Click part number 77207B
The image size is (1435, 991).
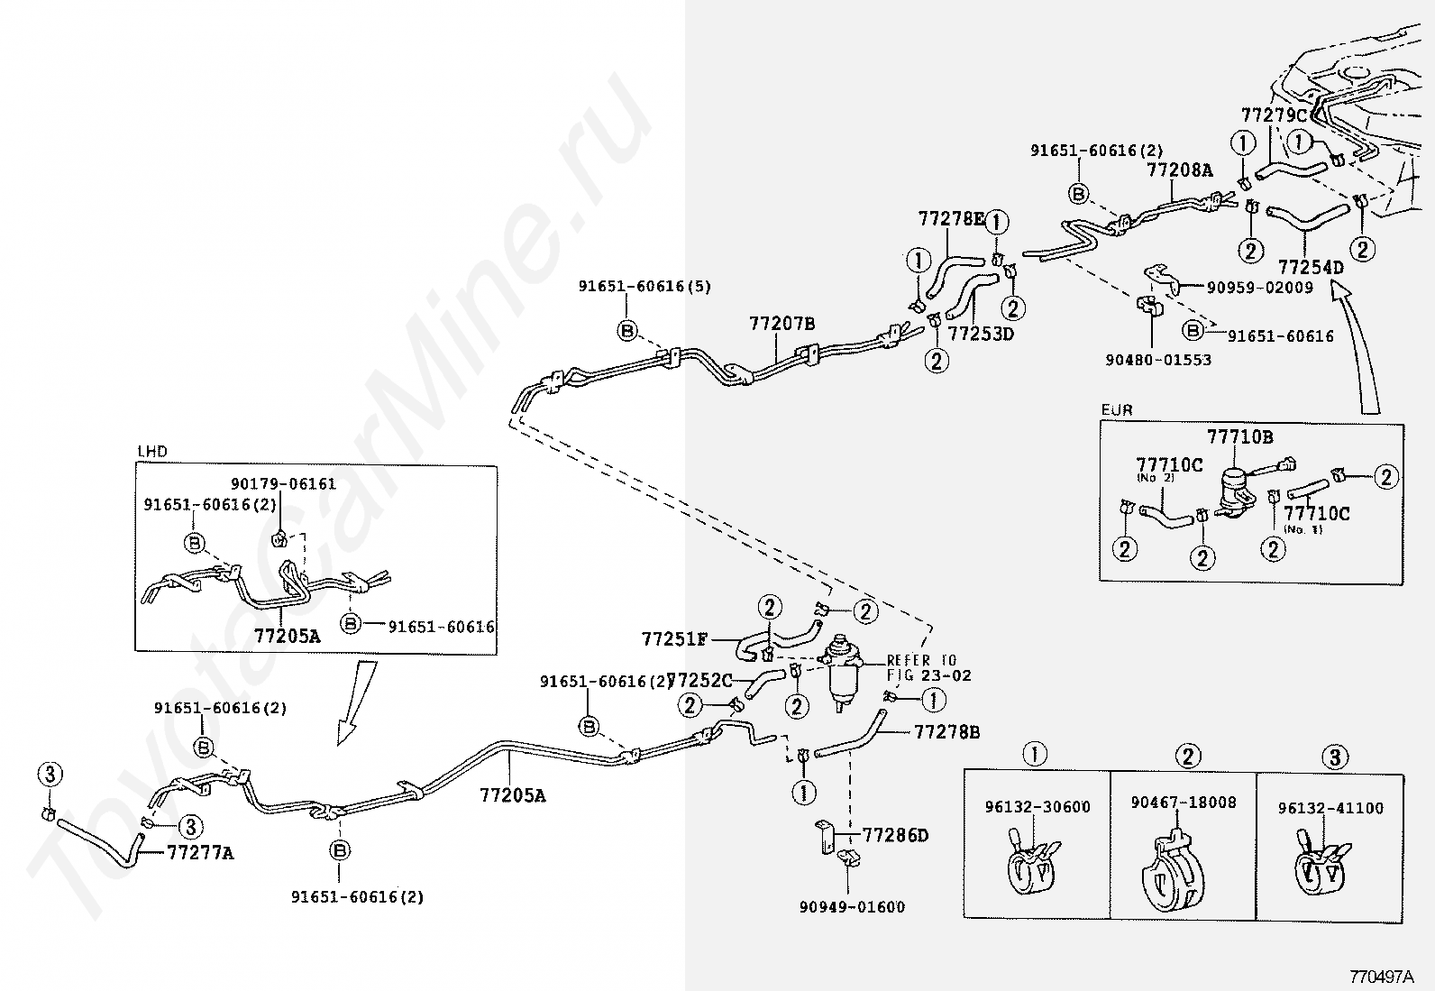[781, 324]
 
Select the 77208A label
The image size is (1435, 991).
[1179, 170]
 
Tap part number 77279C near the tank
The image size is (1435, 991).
[1274, 115]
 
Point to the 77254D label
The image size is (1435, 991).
[1311, 268]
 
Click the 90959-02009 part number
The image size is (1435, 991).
[1260, 288]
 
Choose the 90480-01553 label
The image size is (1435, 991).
[1158, 360]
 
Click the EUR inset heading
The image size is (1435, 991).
[1117, 410]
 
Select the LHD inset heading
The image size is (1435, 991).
[152, 452]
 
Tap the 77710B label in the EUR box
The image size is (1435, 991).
[1239, 437]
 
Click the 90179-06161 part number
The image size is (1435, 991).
[283, 484]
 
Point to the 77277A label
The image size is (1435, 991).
[200, 852]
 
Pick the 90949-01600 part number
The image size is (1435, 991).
[852, 907]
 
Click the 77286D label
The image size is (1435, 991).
[895, 836]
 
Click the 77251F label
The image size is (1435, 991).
[674, 639]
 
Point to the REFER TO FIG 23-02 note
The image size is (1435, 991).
[928, 667]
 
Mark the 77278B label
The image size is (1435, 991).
[946, 732]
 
